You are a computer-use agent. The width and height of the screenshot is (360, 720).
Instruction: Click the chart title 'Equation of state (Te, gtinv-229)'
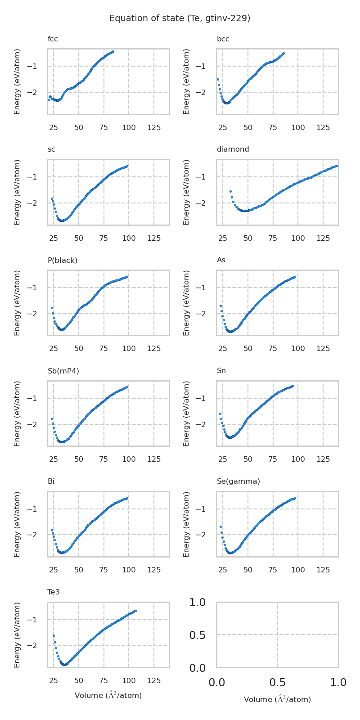coord(180,18)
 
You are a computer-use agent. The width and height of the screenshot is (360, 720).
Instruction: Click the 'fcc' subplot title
coord(53,39)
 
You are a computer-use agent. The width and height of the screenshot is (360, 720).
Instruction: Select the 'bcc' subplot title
coord(223,39)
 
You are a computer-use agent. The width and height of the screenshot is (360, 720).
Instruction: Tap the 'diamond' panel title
coord(233,149)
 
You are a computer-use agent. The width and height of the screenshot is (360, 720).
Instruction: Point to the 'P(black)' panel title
coord(63,260)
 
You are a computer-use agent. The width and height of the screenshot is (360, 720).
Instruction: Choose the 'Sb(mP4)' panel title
coord(63,371)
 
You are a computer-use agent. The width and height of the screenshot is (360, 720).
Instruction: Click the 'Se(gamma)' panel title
coord(238,481)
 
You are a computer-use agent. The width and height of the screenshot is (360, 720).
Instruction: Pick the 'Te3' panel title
coord(54,592)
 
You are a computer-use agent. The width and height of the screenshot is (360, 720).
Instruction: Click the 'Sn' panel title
coord(221,371)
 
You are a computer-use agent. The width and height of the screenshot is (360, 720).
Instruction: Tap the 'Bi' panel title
coord(51,481)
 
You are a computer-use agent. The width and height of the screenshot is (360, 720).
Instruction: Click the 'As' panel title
coord(221,260)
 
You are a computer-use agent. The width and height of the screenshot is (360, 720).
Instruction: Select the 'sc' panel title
coord(51,149)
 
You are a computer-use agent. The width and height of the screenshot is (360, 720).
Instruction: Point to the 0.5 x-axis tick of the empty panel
coord(278,683)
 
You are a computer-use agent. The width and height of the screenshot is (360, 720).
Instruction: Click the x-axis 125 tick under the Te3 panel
coord(154,680)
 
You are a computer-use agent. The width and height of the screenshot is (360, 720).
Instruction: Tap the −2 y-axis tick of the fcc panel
coord(38,92)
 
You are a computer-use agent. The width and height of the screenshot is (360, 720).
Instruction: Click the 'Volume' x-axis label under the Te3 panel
coord(108,696)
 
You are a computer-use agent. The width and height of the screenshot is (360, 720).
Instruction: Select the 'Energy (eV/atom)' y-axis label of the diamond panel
coord(187,192)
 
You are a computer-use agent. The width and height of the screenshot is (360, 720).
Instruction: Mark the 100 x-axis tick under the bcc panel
coord(298,127)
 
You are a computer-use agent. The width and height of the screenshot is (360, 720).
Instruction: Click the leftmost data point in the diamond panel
coord(230,191)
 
